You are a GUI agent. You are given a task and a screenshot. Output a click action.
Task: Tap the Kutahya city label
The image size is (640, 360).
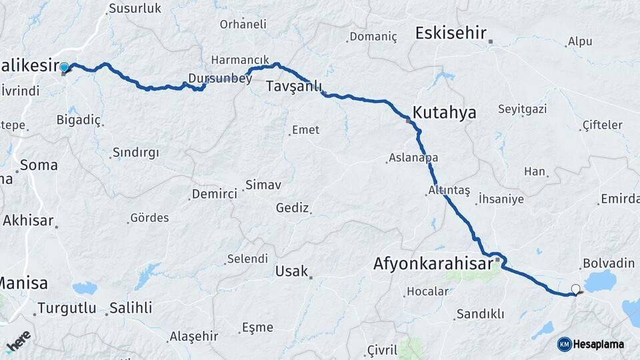[445, 112]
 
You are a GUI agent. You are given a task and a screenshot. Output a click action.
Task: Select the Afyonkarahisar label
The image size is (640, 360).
[433, 264]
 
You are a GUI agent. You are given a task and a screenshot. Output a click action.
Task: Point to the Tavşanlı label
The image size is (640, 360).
[294, 87]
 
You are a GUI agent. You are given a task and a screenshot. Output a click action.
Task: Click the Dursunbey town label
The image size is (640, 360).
[220, 79]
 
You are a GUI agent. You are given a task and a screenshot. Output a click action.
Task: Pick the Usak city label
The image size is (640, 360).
[291, 271]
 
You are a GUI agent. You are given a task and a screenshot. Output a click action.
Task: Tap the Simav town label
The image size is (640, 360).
[263, 185]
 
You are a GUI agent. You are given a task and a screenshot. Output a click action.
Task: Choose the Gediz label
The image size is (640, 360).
[293, 208]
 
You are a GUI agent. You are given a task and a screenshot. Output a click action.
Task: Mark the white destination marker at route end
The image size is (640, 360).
[576, 289]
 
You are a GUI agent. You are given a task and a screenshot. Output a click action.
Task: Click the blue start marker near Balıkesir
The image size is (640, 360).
[64, 67]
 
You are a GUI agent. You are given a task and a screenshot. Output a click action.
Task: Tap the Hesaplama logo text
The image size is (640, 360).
[599, 344]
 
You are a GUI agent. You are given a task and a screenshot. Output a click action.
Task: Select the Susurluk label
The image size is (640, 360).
[135, 9]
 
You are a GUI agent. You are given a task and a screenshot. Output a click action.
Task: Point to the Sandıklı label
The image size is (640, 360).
[480, 314]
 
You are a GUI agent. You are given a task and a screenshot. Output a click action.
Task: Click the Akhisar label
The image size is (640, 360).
[28, 220]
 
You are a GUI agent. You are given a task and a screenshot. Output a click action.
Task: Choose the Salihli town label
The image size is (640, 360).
[131, 308]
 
